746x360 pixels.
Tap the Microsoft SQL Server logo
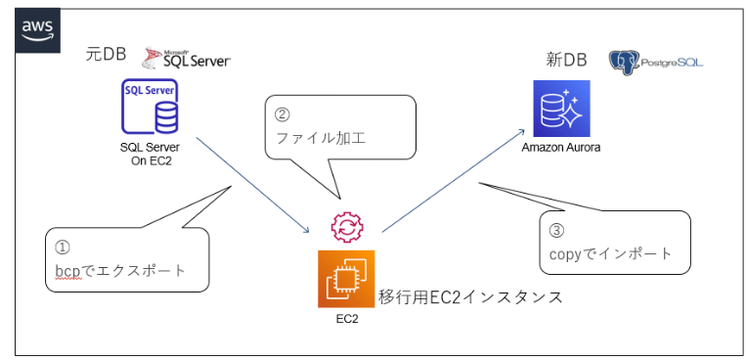tap(186, 59)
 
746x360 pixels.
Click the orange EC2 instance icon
tap(346, 278)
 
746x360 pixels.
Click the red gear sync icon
tap(346, 227)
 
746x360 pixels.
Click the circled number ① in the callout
tap(62, 247)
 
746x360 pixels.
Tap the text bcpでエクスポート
tap(119, 270)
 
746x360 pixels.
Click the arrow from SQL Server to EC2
tap(254, 186)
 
